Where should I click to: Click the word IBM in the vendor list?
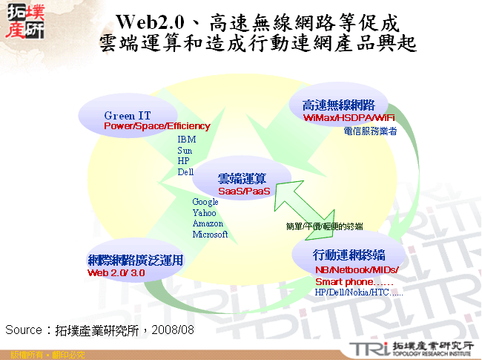[x=186, y=139]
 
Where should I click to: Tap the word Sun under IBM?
[x=185, y=150]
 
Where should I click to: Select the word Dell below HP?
[x=185, y=172]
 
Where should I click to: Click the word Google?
[x=205, y=202]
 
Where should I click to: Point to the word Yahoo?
[x=205, y=213]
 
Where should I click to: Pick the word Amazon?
[x=208, y=223]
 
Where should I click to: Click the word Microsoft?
[x=210, y=235]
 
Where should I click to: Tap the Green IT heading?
[x=131, y=116]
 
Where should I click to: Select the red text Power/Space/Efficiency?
[x=156, y=126]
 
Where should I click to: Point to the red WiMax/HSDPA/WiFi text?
[x=349, y=117]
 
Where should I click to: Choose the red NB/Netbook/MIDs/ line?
[x=357, y=269]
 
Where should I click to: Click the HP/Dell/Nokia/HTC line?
[x=359, y=293]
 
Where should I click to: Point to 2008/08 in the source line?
[x=176, y=328]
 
